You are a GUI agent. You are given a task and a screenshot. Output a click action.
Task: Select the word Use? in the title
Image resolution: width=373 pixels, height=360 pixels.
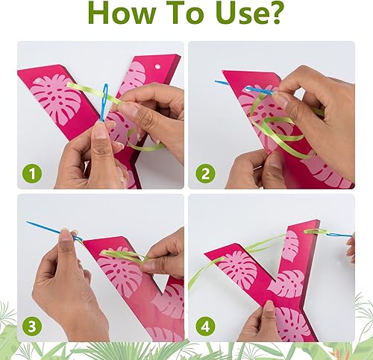pos(251,13)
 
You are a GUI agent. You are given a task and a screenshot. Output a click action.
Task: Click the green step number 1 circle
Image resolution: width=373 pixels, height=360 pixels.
pos(32,174)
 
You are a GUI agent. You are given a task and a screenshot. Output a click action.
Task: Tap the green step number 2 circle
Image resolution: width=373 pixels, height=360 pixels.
pos(205,174)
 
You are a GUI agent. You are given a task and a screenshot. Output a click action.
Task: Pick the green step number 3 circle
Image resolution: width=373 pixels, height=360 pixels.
pos(32,326)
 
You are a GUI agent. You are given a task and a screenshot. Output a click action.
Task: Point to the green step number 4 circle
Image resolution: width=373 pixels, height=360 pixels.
pos(205,326)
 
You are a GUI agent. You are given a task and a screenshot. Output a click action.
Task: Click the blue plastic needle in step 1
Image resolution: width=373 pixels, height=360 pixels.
pos(104,102)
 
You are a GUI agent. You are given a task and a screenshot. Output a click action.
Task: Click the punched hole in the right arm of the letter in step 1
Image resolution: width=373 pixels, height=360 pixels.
pos(157,66)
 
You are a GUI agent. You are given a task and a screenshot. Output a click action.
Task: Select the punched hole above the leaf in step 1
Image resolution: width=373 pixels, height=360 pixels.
pos(37,81)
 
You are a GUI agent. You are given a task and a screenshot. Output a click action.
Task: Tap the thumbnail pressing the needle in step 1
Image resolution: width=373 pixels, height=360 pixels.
pos(101,130)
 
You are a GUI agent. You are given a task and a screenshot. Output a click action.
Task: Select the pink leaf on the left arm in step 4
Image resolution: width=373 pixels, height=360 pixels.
pos(238,271)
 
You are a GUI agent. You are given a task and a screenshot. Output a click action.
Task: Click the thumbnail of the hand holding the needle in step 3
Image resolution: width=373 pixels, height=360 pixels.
pos(65,236)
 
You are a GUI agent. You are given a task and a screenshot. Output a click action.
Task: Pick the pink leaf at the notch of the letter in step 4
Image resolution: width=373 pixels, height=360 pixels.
pos(286,283)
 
